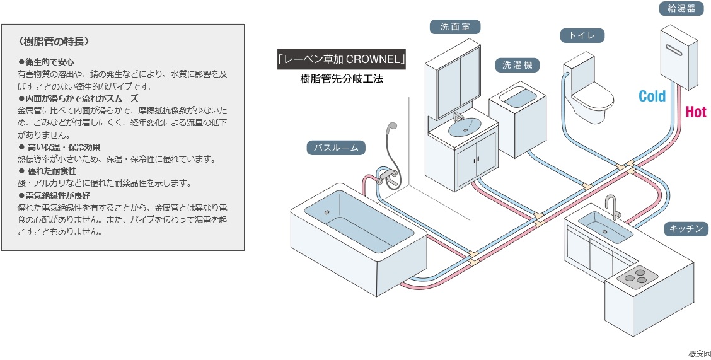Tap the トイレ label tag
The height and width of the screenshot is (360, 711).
coord(582,35)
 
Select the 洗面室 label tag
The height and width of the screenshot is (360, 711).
coord(455,26)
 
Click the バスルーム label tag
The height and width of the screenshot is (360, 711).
coord(336,148)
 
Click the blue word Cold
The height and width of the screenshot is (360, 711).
coord(652,96)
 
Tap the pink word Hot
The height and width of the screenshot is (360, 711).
coord(696,112)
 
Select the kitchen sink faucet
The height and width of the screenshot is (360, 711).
coord(611,206)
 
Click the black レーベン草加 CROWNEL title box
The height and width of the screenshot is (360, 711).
coord(341,59)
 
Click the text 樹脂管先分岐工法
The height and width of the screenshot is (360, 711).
coord(342,79)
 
